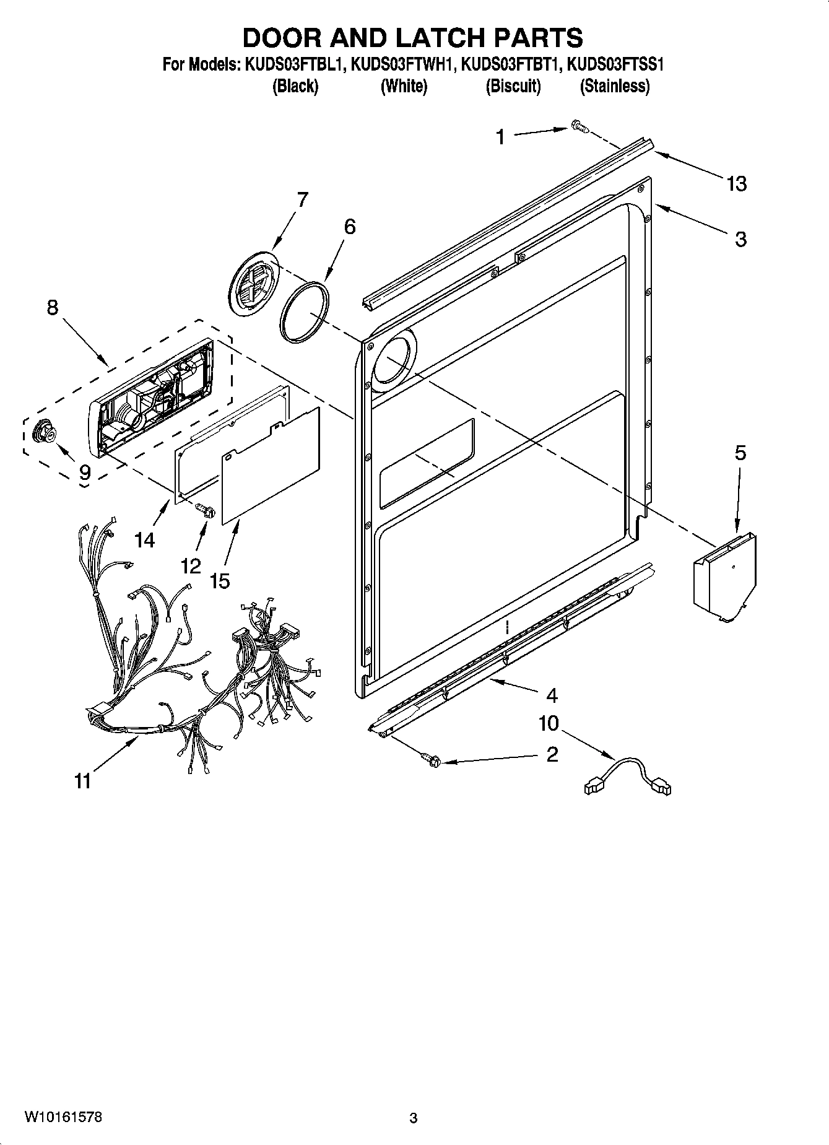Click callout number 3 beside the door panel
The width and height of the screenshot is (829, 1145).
(740, 239)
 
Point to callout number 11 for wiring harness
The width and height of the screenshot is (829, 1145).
(83, 781)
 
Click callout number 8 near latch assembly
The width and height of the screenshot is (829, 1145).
(53, 307)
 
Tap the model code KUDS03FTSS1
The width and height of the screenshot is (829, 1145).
(615, 65)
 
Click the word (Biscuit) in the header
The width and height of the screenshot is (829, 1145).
(513, 86)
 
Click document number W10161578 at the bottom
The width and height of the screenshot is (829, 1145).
(63, 1117)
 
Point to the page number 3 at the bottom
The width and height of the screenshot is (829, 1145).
(414, 1118)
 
